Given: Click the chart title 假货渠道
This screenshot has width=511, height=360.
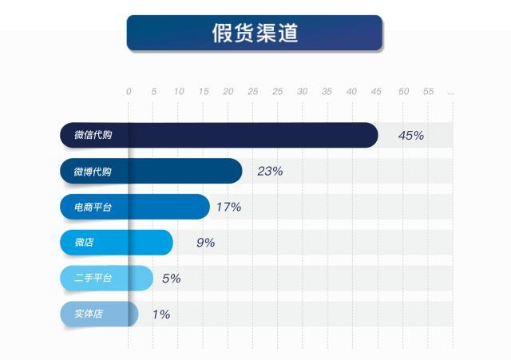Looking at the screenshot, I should tap(255, 33).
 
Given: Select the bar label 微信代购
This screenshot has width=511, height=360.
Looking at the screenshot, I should tap(93, 135).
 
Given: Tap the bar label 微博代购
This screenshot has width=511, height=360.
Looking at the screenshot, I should tap(93, 171).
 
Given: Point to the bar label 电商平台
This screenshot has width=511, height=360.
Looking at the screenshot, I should tap(93, 207).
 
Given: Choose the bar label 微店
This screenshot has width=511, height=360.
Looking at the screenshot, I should tap(84, 242).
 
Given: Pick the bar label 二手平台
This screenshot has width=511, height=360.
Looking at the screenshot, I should tap(93, 278).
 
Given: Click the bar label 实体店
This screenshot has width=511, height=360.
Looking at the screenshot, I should tap(88, 314).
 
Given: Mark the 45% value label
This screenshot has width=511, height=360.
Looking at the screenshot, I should tap(410, 135).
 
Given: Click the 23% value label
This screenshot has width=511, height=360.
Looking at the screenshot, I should tap(270, 171).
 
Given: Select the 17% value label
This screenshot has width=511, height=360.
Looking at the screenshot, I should tap(228, 207).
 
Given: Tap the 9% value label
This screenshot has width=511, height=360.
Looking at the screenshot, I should tap(205, 242).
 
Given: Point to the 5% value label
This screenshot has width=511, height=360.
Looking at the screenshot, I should tap(171, 278).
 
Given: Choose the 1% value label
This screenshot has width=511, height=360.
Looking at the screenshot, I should tap(160, 314).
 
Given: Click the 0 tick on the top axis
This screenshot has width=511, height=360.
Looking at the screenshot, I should tap(129, 92).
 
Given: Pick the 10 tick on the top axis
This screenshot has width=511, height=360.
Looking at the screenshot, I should tap(179, 92).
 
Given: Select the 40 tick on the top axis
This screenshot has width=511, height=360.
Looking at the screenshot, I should tap(351, 92).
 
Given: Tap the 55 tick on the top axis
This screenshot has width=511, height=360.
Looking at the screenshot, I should tap(428, 92).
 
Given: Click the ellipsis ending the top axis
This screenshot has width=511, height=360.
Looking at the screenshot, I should tap(451, 92).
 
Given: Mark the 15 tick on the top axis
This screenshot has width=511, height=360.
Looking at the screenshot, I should tap(204, 92).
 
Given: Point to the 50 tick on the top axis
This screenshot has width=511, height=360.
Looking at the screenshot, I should tap(403, 92).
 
